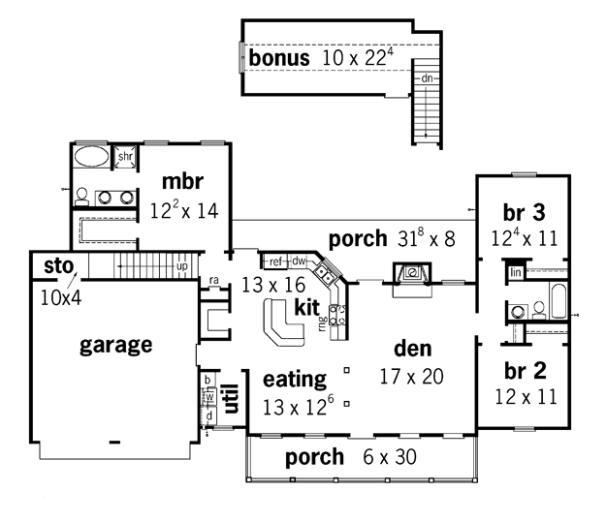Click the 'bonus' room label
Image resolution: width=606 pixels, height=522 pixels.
pyautogui.click(x=279, y=58)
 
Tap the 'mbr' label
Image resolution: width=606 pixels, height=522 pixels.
pyautogui.click(x=182, y=181)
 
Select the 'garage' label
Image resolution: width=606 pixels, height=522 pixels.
pyautogui.click(x=116, y=346)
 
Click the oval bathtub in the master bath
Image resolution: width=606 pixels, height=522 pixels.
pyautogui.click(x=91, y=156)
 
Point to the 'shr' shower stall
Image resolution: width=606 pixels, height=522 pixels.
pyautogui.click(x=125, y=156)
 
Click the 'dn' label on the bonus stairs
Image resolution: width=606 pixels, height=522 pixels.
pyautogui.click(x=427, y=78)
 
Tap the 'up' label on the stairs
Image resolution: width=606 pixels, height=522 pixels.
pyautogui.click(x=182, y=266)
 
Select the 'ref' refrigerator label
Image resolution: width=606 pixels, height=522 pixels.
pyautogui.click(x=275, y=261)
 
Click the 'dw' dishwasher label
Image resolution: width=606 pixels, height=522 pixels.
pyautogui.click(x=299, y=261)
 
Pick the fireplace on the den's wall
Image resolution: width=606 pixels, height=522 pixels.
pyautogui.click(x=412, y=274)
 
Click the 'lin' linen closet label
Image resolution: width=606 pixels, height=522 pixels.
pyautogui.click(x=516, y=272)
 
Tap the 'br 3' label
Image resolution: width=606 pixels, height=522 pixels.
pyautogui.click(x=525, y=213)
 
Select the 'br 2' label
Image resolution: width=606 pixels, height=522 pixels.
pyautogui.click(x=526, y=371)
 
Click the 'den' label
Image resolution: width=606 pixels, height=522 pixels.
pyautogui.click(x=413, y=349)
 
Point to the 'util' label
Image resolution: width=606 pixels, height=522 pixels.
pyautogui.click(x=232, y=398)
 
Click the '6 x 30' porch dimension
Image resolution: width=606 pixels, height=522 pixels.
pyautogui.click(x=390, y=457)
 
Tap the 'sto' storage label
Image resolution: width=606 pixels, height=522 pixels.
pyautogui.click(x=59, y=266)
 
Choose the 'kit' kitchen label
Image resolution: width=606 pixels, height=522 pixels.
pyautogui.click(x=306, y=307)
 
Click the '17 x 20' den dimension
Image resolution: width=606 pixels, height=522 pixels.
pyautogui.click(x=412, y=377)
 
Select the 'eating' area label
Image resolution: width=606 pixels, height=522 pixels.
pyautogui.click(x=295, y=381)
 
